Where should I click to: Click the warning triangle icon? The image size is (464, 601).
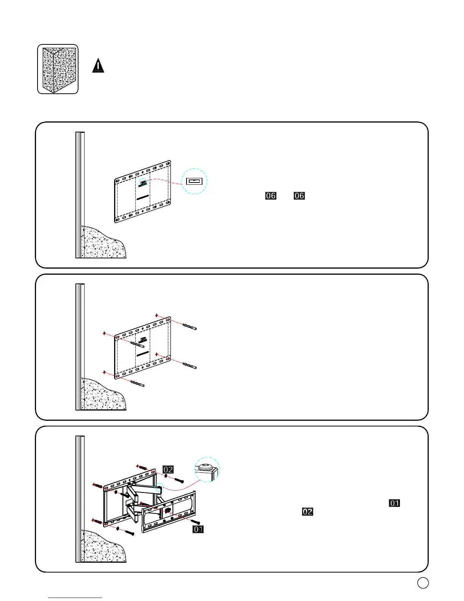click(x=98, y=66)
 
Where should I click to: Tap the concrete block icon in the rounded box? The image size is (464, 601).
click(x=58, y=69)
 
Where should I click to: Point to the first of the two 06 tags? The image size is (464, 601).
click(x=271, y=196)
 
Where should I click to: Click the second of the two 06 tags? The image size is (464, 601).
click(x=299, y=196)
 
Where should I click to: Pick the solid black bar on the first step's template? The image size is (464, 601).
click(x=143, y=197)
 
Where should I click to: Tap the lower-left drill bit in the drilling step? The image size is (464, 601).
click(x=137, y=383)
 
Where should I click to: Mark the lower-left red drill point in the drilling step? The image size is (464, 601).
click(x=104, y=372)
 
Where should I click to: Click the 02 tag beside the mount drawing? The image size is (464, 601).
click(x=168, y=469)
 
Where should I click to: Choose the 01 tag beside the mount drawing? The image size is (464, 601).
click(x=198, y=529)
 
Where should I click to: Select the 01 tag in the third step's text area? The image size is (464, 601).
click(x=395, y=503)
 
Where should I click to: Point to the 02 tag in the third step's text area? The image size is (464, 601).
click(x=307, y=511)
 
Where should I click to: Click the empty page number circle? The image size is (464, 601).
click(x=423, y=583)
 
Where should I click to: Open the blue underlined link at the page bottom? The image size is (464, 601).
click(x=75, y=598)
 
